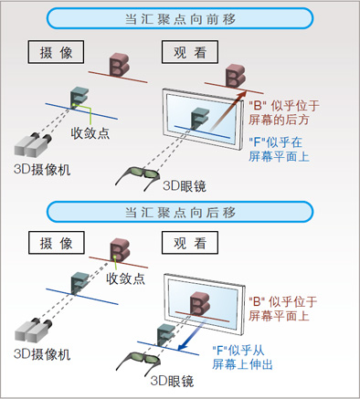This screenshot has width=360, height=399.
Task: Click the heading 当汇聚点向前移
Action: click(x=179, y=17)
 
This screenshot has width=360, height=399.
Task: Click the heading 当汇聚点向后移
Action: click(x=179, y=212)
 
